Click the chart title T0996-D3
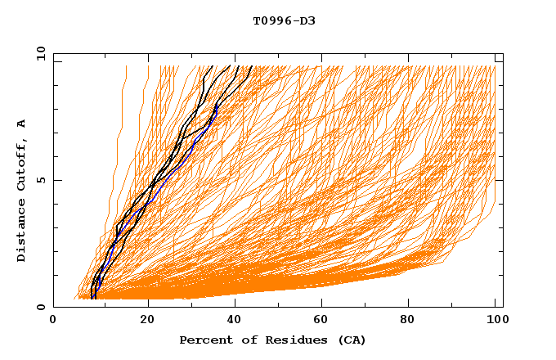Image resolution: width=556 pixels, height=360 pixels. (284, 20)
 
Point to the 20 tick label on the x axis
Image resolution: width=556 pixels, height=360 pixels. (147, 321)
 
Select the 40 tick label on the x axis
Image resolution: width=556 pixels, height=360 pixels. (235, 321)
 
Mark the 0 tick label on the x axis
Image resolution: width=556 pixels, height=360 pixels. (54, 321)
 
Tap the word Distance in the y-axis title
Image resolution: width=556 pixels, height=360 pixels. (22, 230)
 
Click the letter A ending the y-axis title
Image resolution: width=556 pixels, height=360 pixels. (22, 123)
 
